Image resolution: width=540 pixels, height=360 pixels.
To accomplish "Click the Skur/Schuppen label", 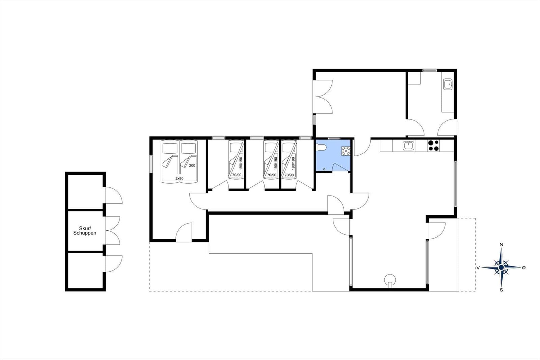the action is pos(85,231).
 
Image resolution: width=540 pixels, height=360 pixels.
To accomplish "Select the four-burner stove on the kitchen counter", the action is pos(433,146).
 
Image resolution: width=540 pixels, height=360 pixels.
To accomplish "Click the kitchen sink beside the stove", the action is pos(409,146).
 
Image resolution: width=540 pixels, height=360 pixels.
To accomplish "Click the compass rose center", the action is pos(502,267).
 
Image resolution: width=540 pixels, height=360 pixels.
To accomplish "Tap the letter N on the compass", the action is pos(502,245).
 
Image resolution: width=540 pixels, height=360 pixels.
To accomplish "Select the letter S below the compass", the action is pos(502,290).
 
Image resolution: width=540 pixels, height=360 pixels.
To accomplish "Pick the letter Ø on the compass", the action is pos(523,267).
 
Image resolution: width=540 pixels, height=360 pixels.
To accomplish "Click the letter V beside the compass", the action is pos(478,267).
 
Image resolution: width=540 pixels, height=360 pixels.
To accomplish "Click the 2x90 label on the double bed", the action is pos(179,179).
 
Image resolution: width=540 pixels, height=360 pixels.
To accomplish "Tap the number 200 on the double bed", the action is pos(192,165).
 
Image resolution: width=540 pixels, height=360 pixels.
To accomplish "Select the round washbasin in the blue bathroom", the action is pos(346,151).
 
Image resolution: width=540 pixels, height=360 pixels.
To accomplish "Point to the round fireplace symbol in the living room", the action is pos(390,280).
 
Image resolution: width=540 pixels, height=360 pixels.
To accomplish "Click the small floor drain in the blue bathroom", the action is pos(324,169).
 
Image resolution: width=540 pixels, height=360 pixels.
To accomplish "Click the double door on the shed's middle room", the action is pos(113,231).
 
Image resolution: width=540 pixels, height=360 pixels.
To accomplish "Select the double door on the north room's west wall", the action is pos(323,97).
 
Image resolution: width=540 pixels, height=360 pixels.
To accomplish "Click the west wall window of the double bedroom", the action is pos(151,164).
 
